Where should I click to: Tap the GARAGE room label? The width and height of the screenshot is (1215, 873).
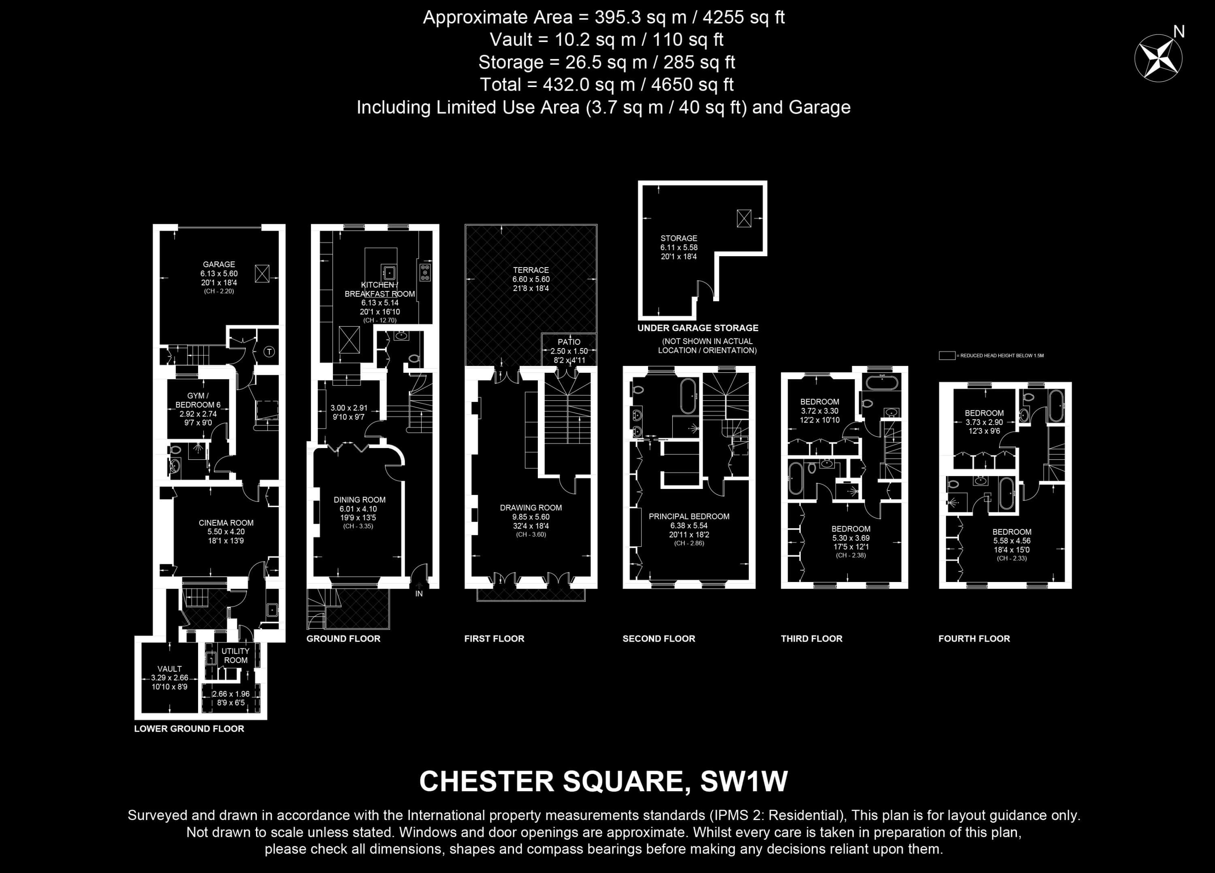(219, 264)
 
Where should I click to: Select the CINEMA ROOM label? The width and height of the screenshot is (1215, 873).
(226, 523)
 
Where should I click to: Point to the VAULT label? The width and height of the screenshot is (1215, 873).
(169, 669)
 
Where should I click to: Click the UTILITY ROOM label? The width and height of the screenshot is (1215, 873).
(236, 656)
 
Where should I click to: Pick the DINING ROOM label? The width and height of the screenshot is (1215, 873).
(360, 500)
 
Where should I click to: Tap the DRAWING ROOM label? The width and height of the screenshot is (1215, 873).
(531, 508)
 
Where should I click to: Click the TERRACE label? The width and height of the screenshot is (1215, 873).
(531, 270)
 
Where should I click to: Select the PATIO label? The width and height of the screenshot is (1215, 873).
(569, 342)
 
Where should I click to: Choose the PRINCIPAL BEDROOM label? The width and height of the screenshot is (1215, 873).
(689, 516)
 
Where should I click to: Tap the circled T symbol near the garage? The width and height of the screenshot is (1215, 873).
(269, 352)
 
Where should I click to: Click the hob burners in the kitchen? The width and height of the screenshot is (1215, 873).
(425, 272)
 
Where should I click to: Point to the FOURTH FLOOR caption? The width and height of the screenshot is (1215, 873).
(974, 639)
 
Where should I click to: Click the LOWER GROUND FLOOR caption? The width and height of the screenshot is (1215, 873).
(189, 729)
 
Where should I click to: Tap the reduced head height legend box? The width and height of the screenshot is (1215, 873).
(947, 355)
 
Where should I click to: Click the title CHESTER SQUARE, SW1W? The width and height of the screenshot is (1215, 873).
(603, 782)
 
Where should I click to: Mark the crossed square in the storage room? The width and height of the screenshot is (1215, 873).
(744, 219)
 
